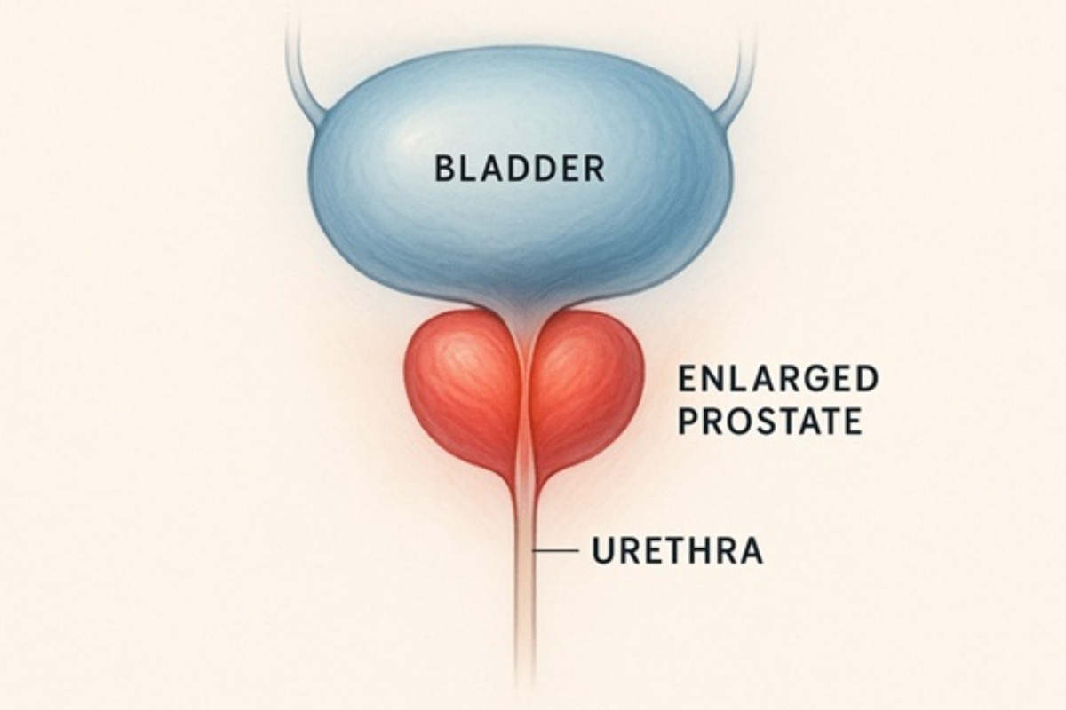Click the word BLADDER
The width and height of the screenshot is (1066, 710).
[521, 170]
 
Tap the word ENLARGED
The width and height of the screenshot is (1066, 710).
[778, 379]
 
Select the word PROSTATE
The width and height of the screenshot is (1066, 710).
[770, 421]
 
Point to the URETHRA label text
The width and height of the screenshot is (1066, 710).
[677, 551]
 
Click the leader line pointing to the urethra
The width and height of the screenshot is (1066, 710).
[555, 550]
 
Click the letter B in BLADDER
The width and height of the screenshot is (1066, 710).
[444, 170]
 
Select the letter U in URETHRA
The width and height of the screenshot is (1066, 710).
[602, 551]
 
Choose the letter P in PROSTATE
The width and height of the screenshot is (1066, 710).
[688, 421]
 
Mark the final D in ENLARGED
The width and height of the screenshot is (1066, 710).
[868, 379]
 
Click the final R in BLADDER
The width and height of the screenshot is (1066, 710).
[595, 170]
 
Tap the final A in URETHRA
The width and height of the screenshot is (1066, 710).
[750, 551]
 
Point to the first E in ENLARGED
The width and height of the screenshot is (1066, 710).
[687, 379]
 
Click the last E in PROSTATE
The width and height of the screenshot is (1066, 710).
[854, 421]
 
